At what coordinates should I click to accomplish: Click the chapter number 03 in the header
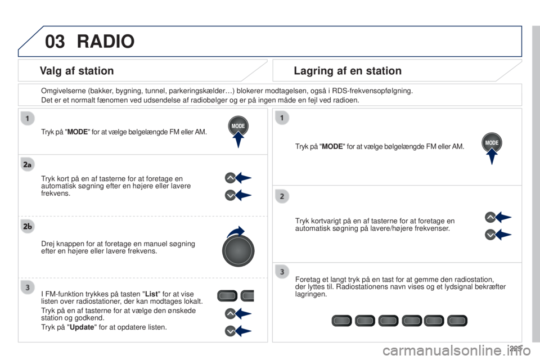(x=55, y=41)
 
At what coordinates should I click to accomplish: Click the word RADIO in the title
(x=106, y=41)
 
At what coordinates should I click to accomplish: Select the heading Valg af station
(x=77, y=71)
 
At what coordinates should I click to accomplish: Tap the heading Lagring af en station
(x=348, y=71)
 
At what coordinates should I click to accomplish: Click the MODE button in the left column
(x=238, y=126)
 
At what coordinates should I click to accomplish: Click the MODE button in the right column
(x=492, y=142)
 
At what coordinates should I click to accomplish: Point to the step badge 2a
(x=27, y=165)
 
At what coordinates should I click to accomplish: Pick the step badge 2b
(x=27, y=226)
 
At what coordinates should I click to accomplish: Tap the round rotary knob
(x=238, y=250)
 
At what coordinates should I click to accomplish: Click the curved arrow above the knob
(x=236, y=232)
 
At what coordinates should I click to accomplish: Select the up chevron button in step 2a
(x=230, y=178)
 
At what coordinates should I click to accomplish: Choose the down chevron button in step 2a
(x=230, y=195)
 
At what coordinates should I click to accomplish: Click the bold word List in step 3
(x=151, y=294)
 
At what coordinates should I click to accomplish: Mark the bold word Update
(x=82, y=327)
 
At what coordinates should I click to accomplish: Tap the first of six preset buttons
(x=341, y=321)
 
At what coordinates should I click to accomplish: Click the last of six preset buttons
(x=457, y=321)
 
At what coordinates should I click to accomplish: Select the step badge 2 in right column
(x=282, y=196)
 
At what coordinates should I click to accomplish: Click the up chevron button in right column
(x=490, y=217)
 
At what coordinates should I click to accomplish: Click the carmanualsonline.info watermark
(x=457, y=350)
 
